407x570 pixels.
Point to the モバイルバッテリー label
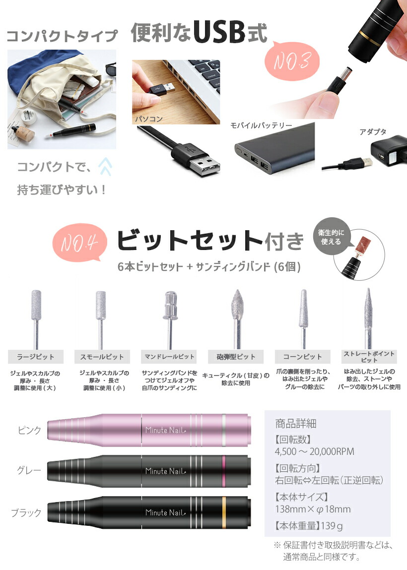tap(261, 126)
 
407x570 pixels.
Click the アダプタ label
tap(373, 132)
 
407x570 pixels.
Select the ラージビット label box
tap(35, 357)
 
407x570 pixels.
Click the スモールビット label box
tap(102, 357)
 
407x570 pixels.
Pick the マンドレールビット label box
tap(169, 357)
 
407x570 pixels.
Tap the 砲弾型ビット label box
tap(236, 357)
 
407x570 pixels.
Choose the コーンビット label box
tap(302, 357)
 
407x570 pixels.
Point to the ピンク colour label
tap(29, 430)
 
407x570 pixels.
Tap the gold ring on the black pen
tap(224, 512)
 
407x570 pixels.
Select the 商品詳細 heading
tap(295, 424)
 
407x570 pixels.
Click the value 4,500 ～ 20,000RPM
tap(314, 451)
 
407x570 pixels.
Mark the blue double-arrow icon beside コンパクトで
tap(105, 167)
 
